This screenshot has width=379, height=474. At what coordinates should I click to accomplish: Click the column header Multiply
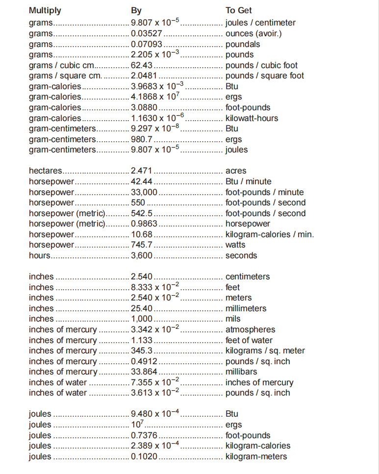click(x=45, y=10)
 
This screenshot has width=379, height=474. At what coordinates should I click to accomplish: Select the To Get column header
click(x=238, y=10)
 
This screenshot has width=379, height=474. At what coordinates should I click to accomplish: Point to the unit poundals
click(x=243, y=44)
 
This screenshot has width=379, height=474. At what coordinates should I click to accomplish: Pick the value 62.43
click(x=142, y=65)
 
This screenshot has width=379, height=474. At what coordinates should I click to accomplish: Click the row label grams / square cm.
click(x=65, y=75)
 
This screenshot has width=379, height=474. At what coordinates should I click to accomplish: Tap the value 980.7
click(x=142, y=139)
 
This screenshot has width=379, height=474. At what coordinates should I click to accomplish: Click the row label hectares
click(x=46, y=171)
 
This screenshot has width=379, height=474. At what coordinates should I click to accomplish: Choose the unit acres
click(x=236, y=171)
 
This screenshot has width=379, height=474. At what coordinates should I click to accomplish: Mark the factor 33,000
click(x=144, y=192)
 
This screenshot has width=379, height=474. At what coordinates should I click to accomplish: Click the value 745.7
click(x=142, y=245)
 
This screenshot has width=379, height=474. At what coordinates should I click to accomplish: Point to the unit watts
click(x=235, y=245)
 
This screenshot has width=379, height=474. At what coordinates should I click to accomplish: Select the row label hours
click(x=40, y=255)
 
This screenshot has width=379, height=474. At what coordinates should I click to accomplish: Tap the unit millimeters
click(x=246, y=308)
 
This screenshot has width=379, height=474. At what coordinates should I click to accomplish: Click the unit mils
click(x=233, y=319)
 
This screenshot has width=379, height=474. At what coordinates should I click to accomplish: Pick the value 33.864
click(x=144, y=372)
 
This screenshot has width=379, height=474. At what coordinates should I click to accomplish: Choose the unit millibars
click(x=241, y=372)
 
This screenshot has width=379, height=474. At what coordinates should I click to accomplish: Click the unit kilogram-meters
click(x=256, y=456)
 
